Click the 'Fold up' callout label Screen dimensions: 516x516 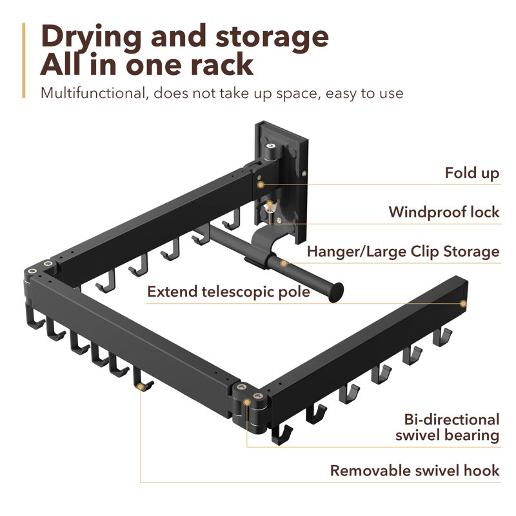(x=472, y=173)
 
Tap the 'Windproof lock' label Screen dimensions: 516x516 (x=444, y=212)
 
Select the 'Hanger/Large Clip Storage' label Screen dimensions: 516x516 (x=404, y=252)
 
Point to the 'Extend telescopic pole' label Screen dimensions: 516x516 (x=229, y=292)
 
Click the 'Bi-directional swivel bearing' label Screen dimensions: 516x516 (x=448, y=427)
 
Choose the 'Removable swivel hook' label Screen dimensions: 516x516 (x=415, y=471)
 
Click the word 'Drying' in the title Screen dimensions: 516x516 (x=92, y=38)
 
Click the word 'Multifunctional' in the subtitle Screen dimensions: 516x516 (x=93, y=93)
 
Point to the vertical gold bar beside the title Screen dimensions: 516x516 (x=24, y=60)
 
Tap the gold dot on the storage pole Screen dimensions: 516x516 (x=284, y=263)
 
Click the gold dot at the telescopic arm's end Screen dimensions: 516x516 (x=463, y=303)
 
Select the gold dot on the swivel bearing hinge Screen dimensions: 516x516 (x=246, y=402)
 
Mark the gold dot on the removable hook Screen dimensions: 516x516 (x=141, y=386)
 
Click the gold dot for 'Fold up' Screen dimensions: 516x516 (x=261, y=184)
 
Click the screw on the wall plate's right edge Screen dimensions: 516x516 (x=304, y=173)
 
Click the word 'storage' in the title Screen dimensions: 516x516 (x=272, y=38)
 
